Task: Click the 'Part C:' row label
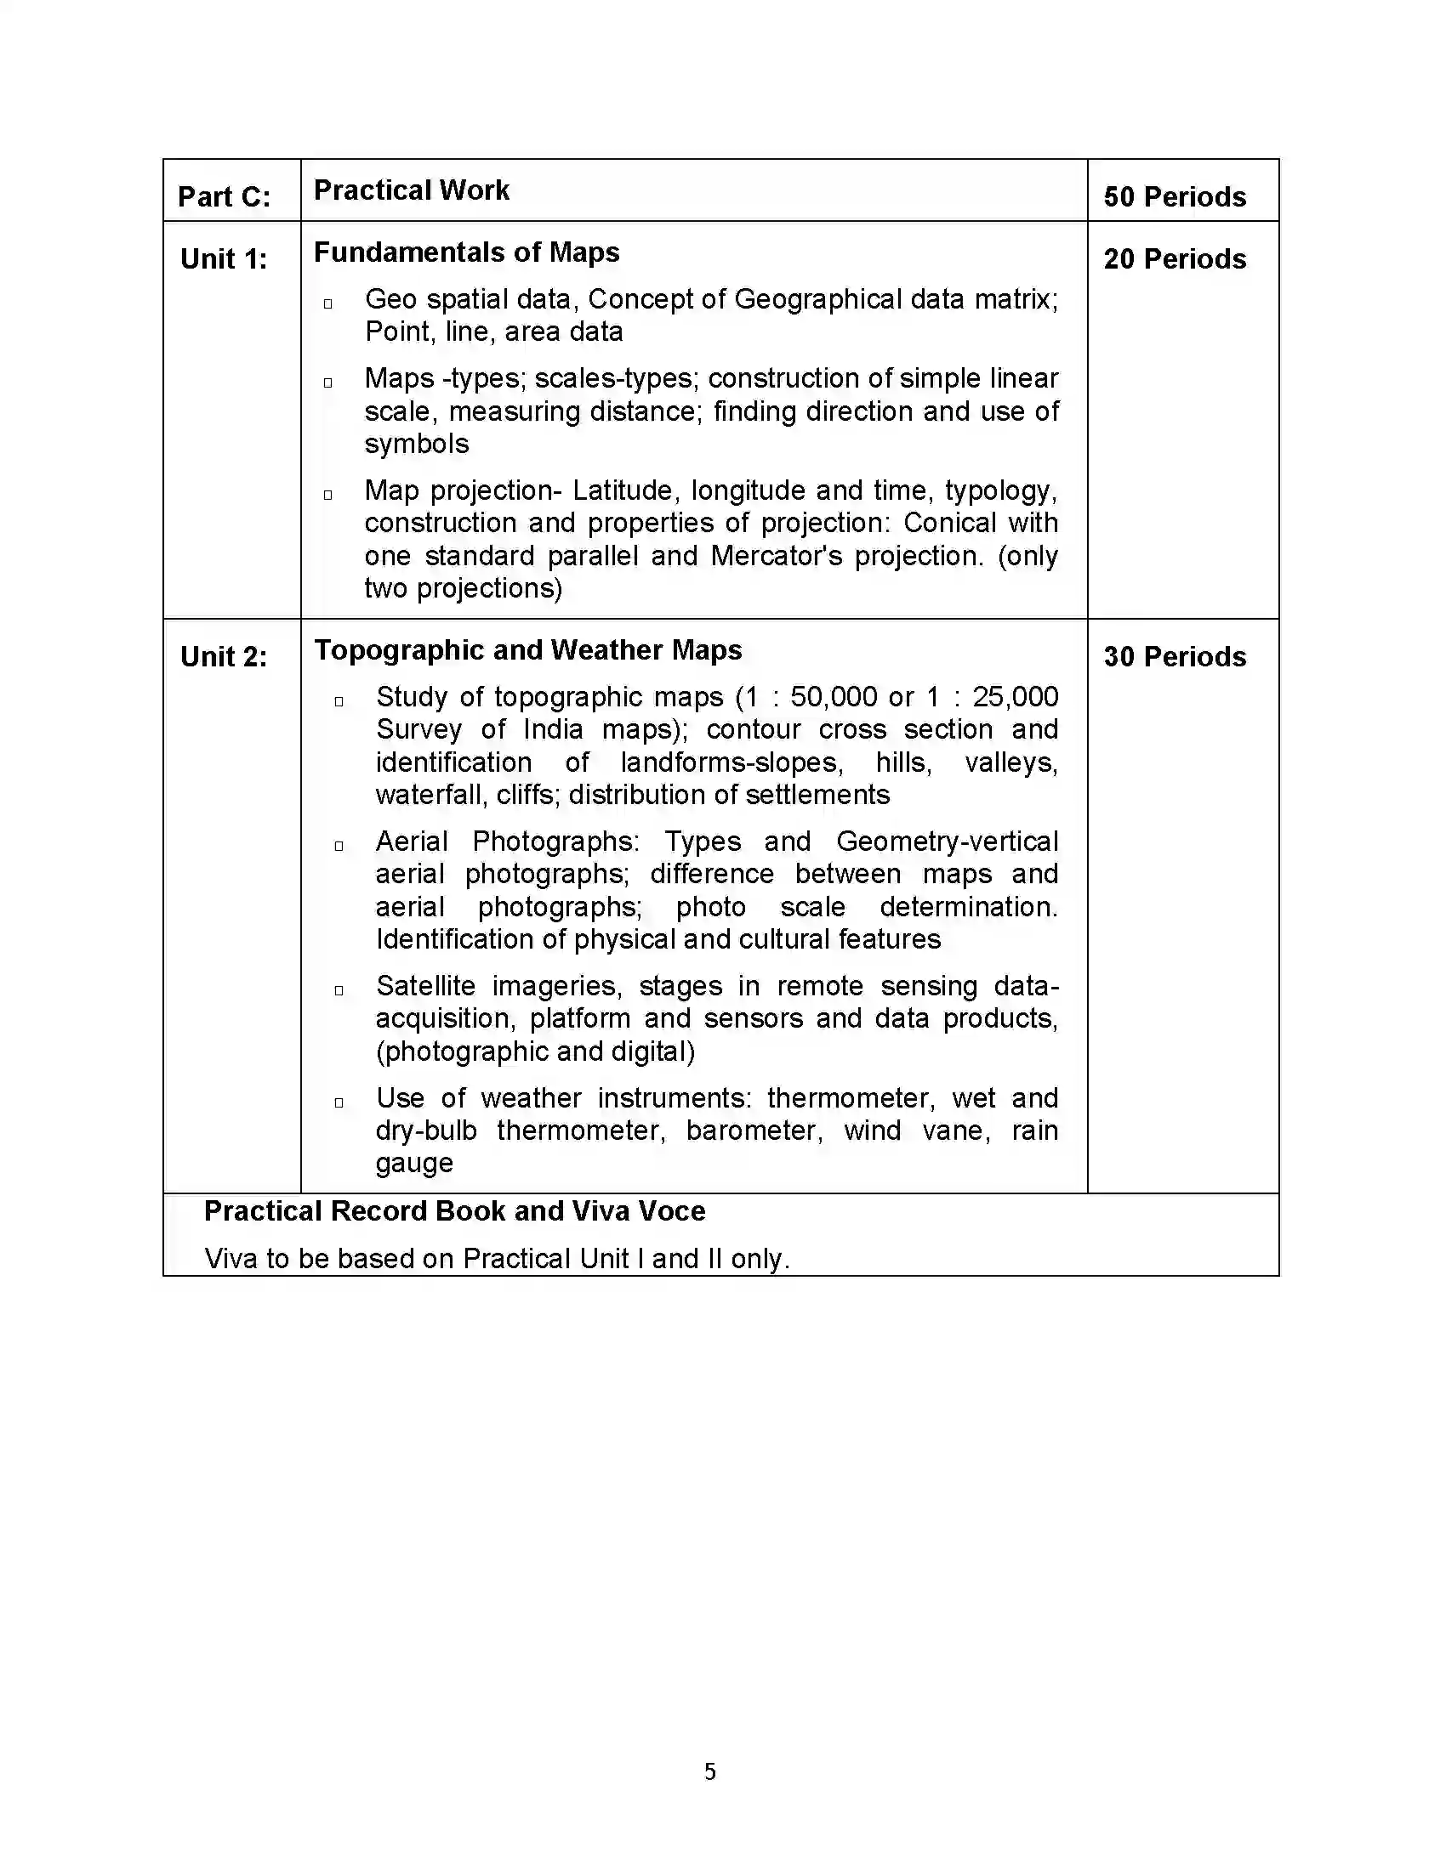[224, 197]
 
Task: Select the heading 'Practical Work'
[411, 190]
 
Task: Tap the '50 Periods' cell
[1174, 197]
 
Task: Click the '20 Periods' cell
[1174, 259]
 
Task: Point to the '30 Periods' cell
[1174, 657]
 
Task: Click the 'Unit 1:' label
[224, 259]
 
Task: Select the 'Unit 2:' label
[224, 657]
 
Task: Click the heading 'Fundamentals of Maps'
[466, 252]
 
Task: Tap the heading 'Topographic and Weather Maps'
[527, 650]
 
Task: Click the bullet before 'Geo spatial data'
[327, 304]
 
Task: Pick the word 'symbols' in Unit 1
[416, 445]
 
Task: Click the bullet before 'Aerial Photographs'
[339, 847]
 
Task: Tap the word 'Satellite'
[425, 986]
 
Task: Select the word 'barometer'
[754, 1131]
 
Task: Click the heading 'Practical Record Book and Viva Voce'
[454, 1211]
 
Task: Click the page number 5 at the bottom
[709, 1771]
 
